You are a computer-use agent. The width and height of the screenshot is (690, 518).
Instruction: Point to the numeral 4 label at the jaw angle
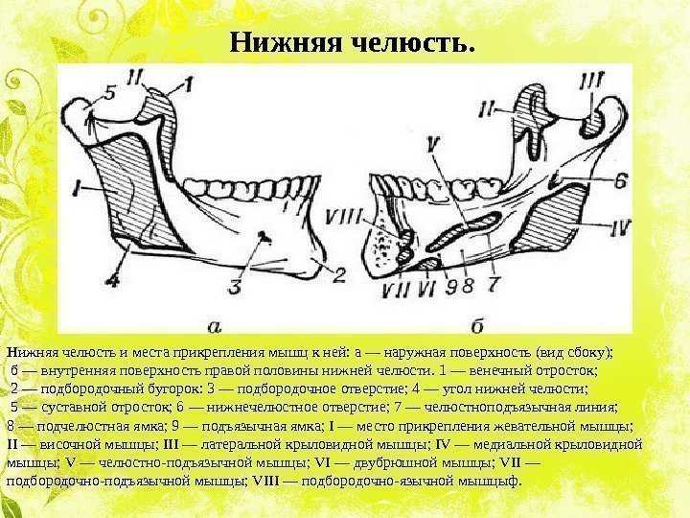pyautogui.click(x=113, y=280)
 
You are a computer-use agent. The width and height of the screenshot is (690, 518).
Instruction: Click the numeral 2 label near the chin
pyautogui.click(x=336, y=273)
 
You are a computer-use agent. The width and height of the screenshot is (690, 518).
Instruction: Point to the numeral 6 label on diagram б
pyautogui.click(x=620, y=179)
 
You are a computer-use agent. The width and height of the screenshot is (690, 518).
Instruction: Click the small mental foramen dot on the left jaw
pyautogui.click(x=266, y=235)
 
